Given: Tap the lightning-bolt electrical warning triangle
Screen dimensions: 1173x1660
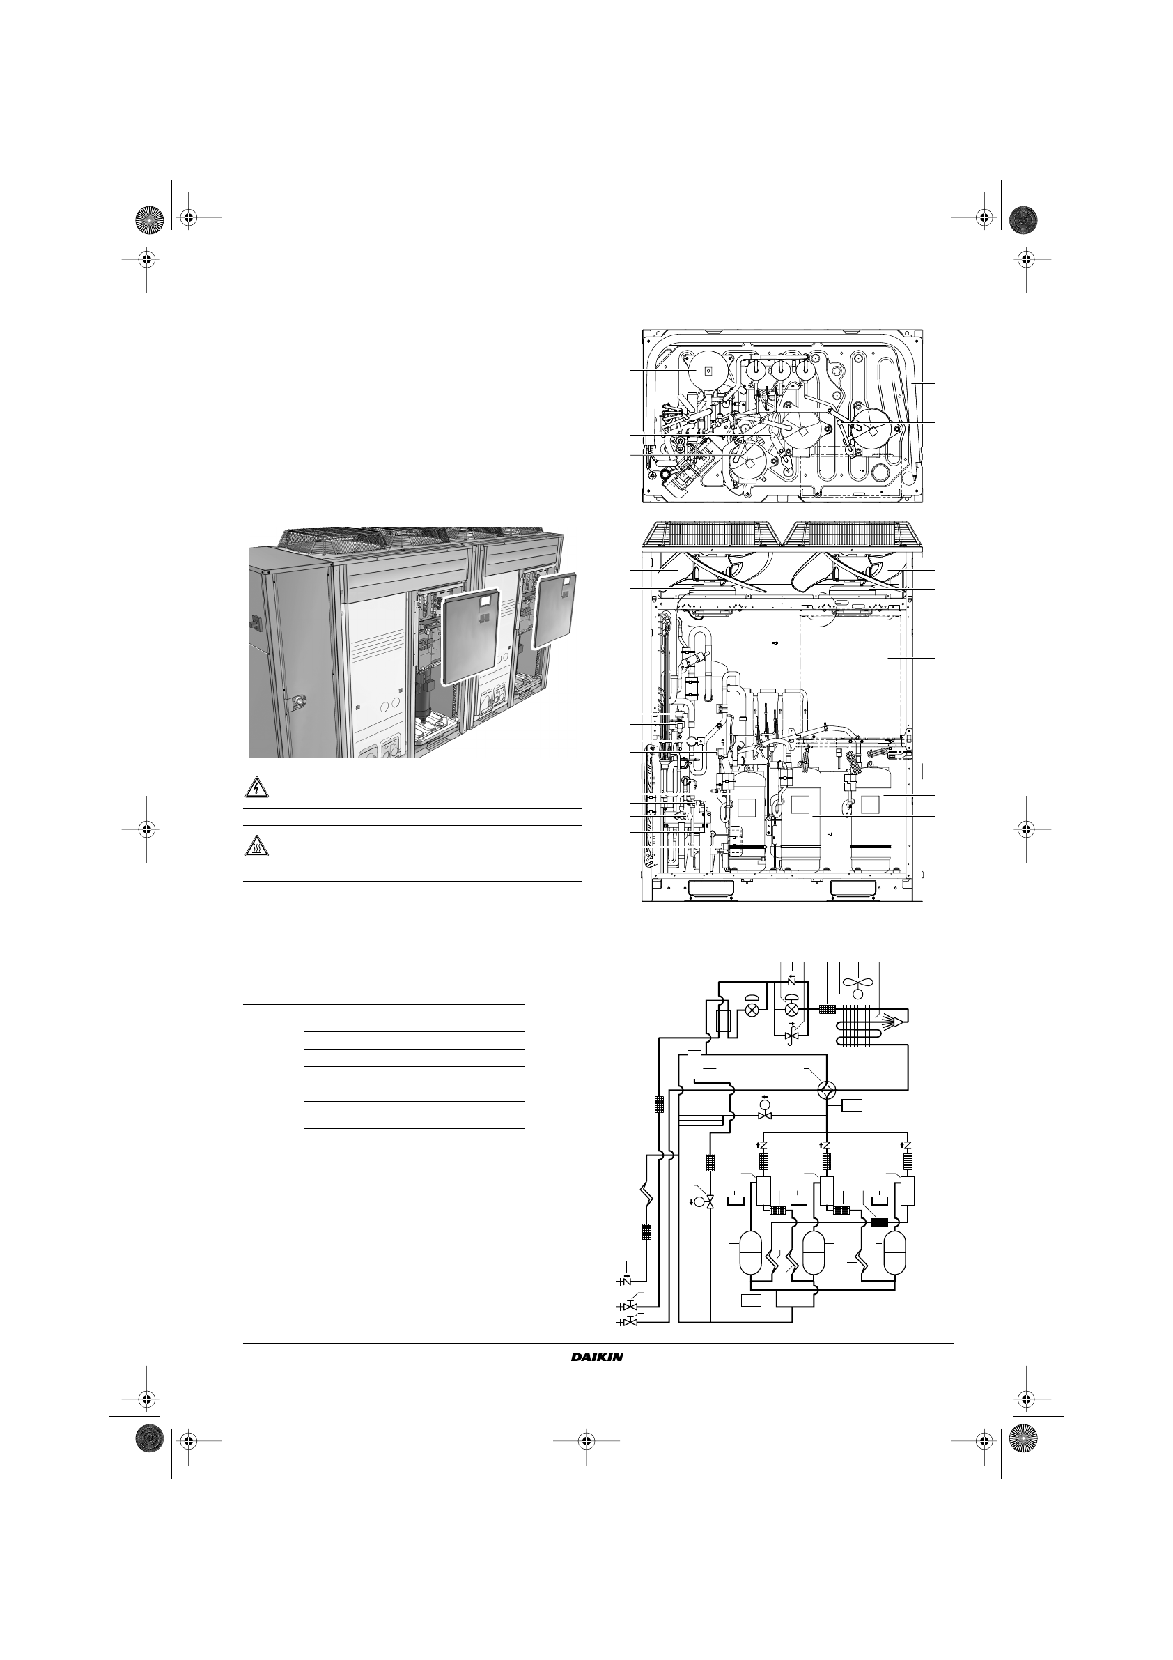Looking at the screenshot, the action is pos(256,787).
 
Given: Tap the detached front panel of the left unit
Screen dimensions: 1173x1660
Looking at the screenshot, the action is pos(470,637).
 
